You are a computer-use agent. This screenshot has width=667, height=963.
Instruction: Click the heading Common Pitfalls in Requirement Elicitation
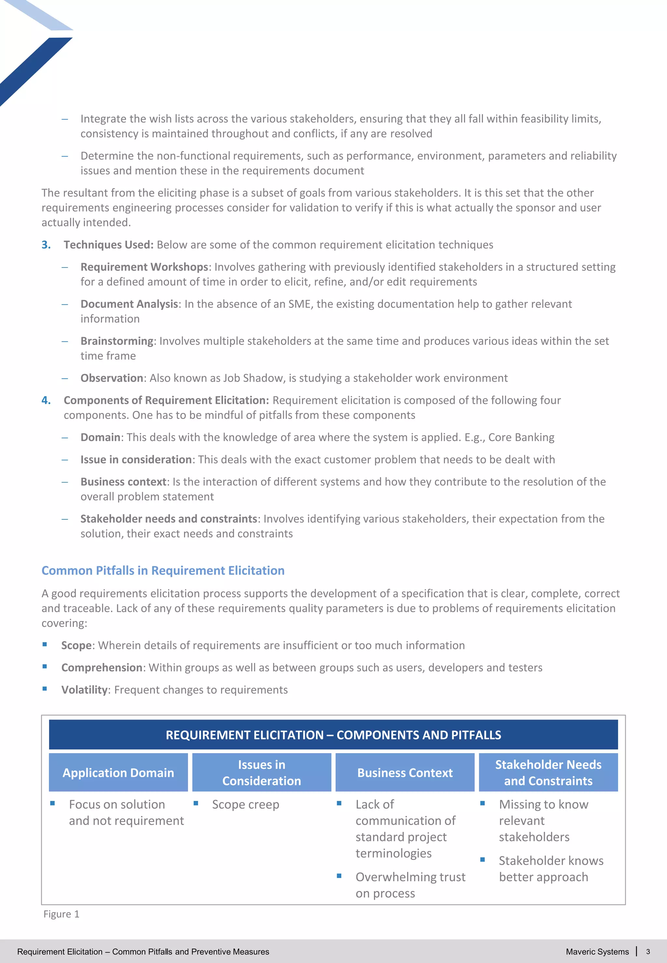[x=163, y=571]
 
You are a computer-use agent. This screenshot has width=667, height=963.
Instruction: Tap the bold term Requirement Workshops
[x=144, y=267]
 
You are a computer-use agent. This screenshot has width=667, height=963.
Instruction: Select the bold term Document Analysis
[x=129, y=304]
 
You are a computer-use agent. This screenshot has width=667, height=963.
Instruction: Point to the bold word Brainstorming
[x=117, y=341]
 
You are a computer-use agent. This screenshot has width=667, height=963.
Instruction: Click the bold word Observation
[x=112, y=378]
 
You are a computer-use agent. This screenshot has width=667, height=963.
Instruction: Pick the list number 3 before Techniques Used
[x=46, y=245]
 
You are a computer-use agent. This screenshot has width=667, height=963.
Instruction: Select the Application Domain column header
[x=118, y=773]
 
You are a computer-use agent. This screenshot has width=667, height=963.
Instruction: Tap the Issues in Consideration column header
[x=262, y=773]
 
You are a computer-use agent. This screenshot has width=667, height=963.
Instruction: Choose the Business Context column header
[x=405, y=773]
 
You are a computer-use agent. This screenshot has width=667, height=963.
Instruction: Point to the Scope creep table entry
[x=245, y=804]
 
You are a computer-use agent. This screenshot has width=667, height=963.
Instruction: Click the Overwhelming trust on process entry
[x=410, y=885]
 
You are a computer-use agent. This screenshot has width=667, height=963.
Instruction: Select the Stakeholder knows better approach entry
[x=551, y=869]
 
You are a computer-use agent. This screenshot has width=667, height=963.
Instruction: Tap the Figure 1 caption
[x=62, y=914]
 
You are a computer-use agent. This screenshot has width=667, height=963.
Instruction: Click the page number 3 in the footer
[x=648, y=952]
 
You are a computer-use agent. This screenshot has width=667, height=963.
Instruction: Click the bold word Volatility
[x=84, y=690]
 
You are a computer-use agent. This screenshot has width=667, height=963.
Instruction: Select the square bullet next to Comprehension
[x=45, y=667]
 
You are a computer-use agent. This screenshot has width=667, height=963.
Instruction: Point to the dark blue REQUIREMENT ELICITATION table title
[x=333, y=735]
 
